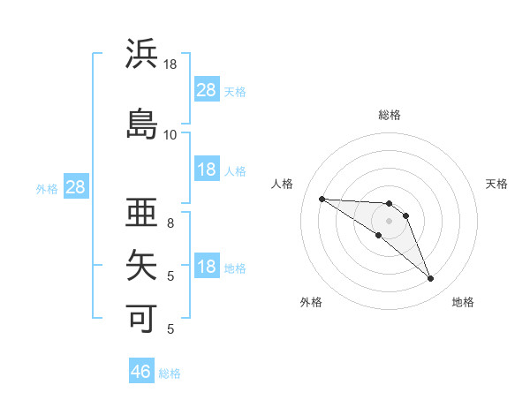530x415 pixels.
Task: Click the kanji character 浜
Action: click(x=142, y=54)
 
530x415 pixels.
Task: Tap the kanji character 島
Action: click(x=142, y=123)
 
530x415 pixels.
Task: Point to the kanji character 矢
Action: click(x=142, y=264)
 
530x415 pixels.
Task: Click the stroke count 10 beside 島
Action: click(x=170, y=134)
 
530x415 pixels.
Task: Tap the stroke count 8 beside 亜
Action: click(x=170, y=223)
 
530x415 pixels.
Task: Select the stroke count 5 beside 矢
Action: click(x=170, y=275)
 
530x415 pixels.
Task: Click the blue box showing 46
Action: click(x=141, y=372)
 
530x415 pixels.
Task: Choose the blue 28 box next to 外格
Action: click(x=75, y=186)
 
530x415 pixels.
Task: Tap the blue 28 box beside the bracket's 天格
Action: click(x=207, y=89)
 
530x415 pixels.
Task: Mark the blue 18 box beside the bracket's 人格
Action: click(x=207, y=170)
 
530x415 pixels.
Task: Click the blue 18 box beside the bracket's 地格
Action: click(x=207, y=267)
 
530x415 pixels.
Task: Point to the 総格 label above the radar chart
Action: click(x=390, y=115)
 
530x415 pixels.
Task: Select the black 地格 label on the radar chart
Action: click(x=463, y=302)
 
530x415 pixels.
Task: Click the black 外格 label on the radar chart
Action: click(x=311, y=302)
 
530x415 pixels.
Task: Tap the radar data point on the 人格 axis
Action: click(x=322, y=199)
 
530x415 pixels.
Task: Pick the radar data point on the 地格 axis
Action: click(x=430, y=279)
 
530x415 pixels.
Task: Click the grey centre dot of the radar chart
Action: click(x=390, y=221)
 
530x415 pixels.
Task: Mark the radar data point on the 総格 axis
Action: click(x=390, y=204)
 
